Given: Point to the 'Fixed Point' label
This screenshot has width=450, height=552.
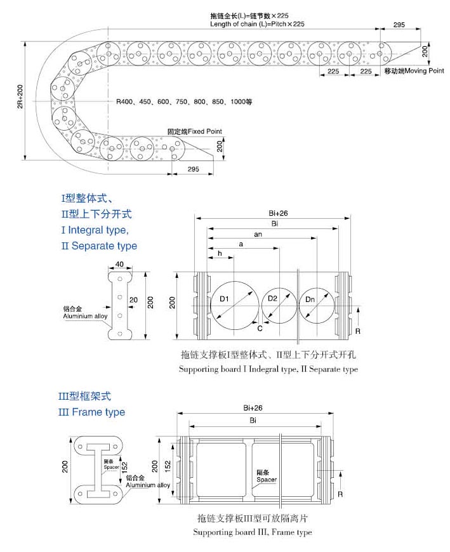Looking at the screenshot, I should click(x=195, y=131).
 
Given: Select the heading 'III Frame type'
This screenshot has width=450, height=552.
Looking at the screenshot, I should click(x=91, y=412).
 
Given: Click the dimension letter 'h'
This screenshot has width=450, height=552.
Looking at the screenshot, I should click(x=220, y=253).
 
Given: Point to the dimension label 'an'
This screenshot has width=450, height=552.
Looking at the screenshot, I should click(x=258, y=234).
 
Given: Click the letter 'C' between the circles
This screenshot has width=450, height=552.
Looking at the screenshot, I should click(x=260, y=328).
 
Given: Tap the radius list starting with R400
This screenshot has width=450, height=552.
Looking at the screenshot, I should click(x=184, y=102).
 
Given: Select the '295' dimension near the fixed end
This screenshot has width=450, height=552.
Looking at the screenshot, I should click(x=194, y=169).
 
